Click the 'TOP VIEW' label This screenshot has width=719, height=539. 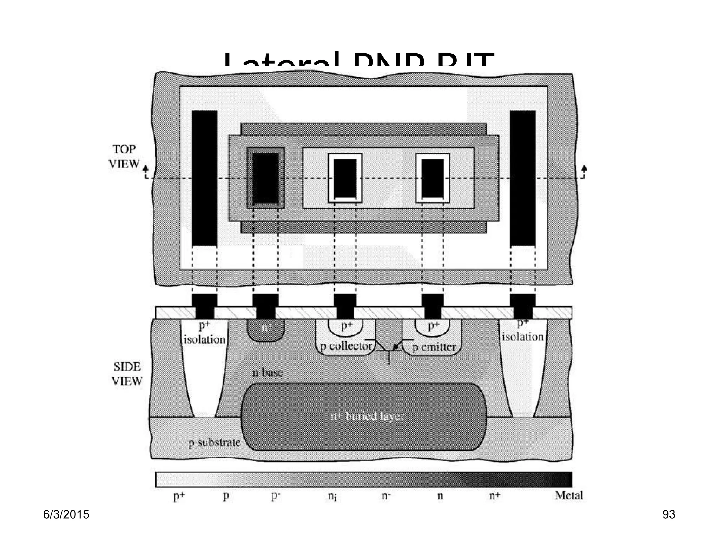(124, 157)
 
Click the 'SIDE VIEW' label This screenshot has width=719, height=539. (127, 374)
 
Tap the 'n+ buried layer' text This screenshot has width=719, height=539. (368, 416)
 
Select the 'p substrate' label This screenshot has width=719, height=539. (215, 442)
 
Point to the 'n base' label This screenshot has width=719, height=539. (268, 372)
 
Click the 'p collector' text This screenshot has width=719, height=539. (346, 346)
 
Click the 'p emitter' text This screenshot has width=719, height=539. (434, 347)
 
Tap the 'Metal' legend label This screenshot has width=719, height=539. (569, 495)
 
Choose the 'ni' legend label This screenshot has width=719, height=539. (332, 496)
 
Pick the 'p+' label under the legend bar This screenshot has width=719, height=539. (179, 496)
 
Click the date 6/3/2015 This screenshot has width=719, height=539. (66, 514)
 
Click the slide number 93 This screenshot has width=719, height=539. (668, 514)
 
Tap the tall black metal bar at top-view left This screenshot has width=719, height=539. (204, 178)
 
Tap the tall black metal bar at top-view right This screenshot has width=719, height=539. (523, 178)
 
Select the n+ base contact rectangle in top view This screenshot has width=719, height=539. (266, 178)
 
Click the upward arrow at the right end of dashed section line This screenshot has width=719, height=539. (584, 169)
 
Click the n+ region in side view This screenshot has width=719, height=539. (266, 329)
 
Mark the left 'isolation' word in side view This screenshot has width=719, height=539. (204, 339)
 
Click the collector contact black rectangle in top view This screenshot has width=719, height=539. (345, 178)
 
